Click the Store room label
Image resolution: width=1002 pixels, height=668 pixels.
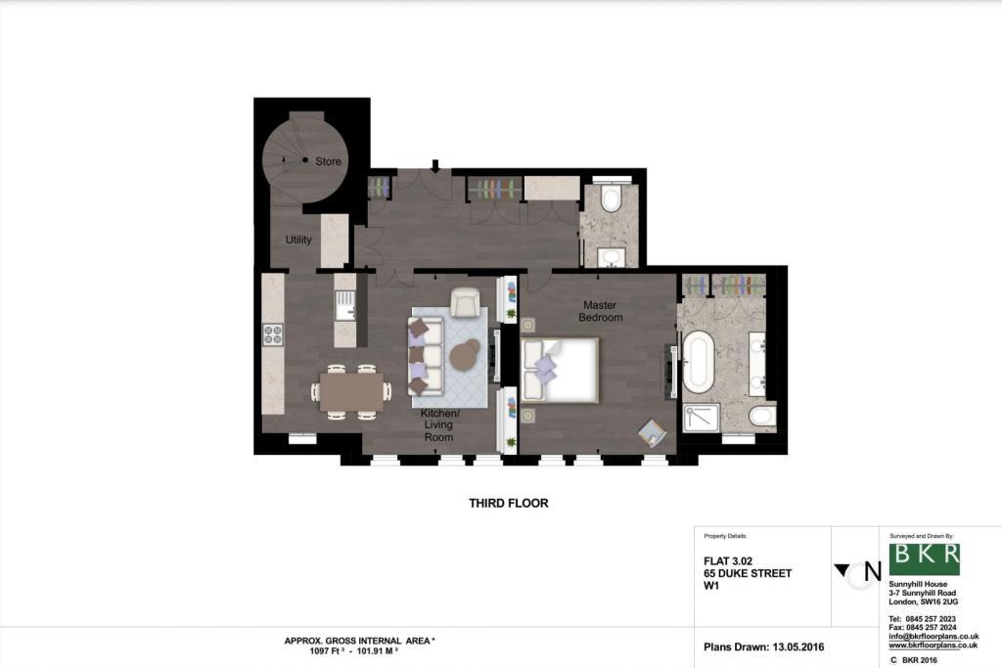click(x=329, y=161)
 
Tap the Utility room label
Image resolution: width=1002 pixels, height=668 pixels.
click(x=298, y=240)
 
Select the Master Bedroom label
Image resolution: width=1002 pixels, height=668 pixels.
click(x=600, y=311)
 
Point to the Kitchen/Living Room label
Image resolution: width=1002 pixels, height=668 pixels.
click(x=439, y=425)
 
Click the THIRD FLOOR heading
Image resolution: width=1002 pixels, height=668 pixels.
click(x=509, y=504)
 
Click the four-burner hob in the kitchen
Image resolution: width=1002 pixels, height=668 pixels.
click(x=273, y=334)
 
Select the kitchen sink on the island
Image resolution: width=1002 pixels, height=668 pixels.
click(x=345, y=305)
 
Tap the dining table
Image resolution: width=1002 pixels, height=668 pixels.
click(x=351, y=391)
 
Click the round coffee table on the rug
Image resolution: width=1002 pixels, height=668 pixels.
click(x=465, y=355)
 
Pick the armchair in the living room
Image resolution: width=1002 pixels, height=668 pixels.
click(x=465, y=303)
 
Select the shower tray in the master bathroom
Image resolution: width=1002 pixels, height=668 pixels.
click(x=701, y=418)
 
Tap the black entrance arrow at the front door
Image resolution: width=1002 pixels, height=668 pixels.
click(x=435, y=166)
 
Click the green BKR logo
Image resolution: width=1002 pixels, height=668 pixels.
click(x=924, y=558)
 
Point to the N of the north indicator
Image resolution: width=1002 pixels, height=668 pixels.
click(x=872, y=571)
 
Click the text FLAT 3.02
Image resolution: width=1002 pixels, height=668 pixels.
click(x=728, y=561)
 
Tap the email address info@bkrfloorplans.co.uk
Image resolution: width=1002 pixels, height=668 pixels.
click(x=934, y=636)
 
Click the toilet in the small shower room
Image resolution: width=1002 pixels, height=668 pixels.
click(x=612, y=198)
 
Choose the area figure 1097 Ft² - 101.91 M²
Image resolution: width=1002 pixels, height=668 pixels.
click(x=354, y=651)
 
